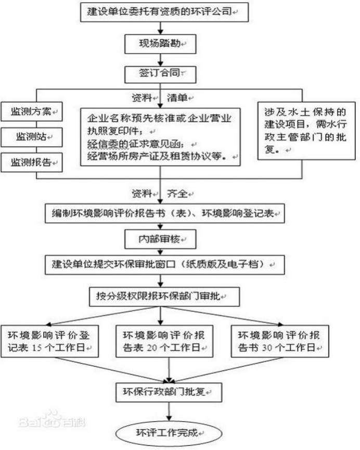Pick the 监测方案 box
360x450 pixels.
31,112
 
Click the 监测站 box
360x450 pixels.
31,137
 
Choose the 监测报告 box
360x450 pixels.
31,162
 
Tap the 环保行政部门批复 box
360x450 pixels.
168,390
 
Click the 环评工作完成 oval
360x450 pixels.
168,432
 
